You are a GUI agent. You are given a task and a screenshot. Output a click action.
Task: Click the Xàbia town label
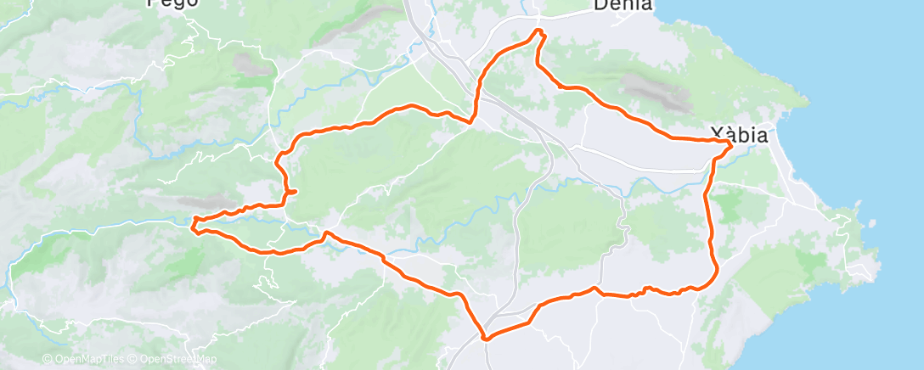coord(739,134)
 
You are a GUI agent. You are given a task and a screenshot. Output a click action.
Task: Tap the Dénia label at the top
coord(623,5)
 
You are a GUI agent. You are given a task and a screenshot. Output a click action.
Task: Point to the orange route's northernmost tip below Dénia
coord(538,31)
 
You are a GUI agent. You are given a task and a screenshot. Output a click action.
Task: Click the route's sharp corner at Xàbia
coord(730,145)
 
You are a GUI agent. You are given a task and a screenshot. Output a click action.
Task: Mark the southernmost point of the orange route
coord(486,339)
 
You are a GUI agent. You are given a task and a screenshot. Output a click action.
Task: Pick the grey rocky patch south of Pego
coord(249,62)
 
